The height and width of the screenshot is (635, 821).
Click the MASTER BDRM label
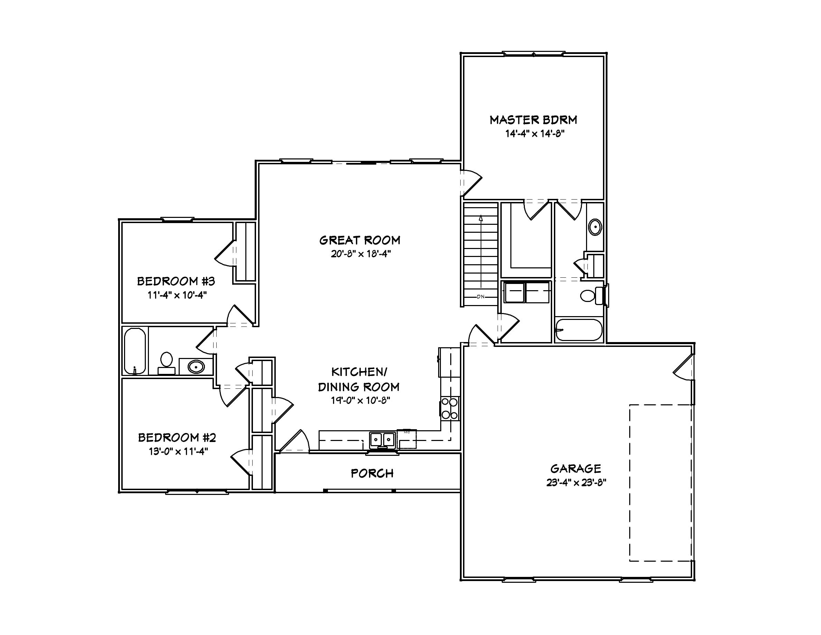pyautogui.click(x=533, y=120)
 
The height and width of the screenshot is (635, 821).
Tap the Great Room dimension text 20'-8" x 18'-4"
pyautogui.click(x=360, y=254)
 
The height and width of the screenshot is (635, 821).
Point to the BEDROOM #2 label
pyautogui.click(x=177, y=438)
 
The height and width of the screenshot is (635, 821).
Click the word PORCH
pyautogui.click(x=372, y=473)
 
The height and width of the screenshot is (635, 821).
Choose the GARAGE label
pyautogui.click(x=576, y=468)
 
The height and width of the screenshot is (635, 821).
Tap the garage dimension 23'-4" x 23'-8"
pyautogui.click(x=576, y=482)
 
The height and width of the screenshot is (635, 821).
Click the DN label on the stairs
pyautogui.click(x=480, y=297)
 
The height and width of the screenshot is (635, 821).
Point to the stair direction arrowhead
pyautogui.click(x=481, y=218)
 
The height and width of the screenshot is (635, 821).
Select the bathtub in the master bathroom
pyautogui.click(x=579, y=330)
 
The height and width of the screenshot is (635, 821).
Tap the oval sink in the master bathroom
pyautogui.click(x=595, y=227)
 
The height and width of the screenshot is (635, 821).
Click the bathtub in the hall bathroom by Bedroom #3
pyautogui.click(x=134, y=351)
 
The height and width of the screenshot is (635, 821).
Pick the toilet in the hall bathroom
pyautogui.click(x=166, y=362)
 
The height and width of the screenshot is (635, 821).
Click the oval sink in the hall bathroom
pyautogui.click(x=196, y=366)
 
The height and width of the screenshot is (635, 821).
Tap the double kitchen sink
pyautogui.click(x=382, y=439)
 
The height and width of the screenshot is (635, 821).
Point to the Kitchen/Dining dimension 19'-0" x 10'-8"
pyautogui.click(x=360, y=401)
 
